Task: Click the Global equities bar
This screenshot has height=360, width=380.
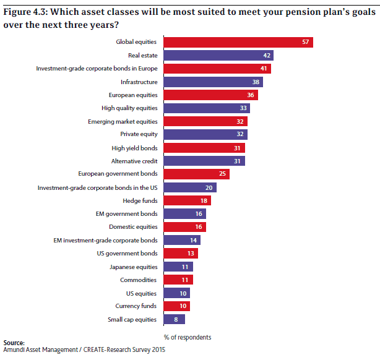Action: [x=238, y=42]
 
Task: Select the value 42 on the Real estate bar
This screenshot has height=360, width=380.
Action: [x=266, y=56]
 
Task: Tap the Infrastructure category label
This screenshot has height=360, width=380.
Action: [x=139, y=82]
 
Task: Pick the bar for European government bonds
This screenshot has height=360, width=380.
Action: [x=196, y=174]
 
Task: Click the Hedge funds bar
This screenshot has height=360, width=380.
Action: [x=186, y=200]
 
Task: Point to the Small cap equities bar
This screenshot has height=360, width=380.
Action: [x=174, y=319]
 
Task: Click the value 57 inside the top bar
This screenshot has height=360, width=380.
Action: [x=306, y=42]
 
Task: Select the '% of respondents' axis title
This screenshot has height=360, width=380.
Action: [x=188, y=337]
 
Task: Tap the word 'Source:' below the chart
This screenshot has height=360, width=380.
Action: [x=14, y=343]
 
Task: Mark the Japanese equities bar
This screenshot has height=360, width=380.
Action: [x=178, y=267]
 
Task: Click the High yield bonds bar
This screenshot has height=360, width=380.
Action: [x=204, y=148]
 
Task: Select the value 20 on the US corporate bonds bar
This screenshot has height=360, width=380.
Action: [x=209, y=187]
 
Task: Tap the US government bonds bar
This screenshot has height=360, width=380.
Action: [x=180, y=253]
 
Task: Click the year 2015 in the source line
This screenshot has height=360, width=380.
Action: [x=158, y=350]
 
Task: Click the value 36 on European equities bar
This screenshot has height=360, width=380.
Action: [x=251, y=95]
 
